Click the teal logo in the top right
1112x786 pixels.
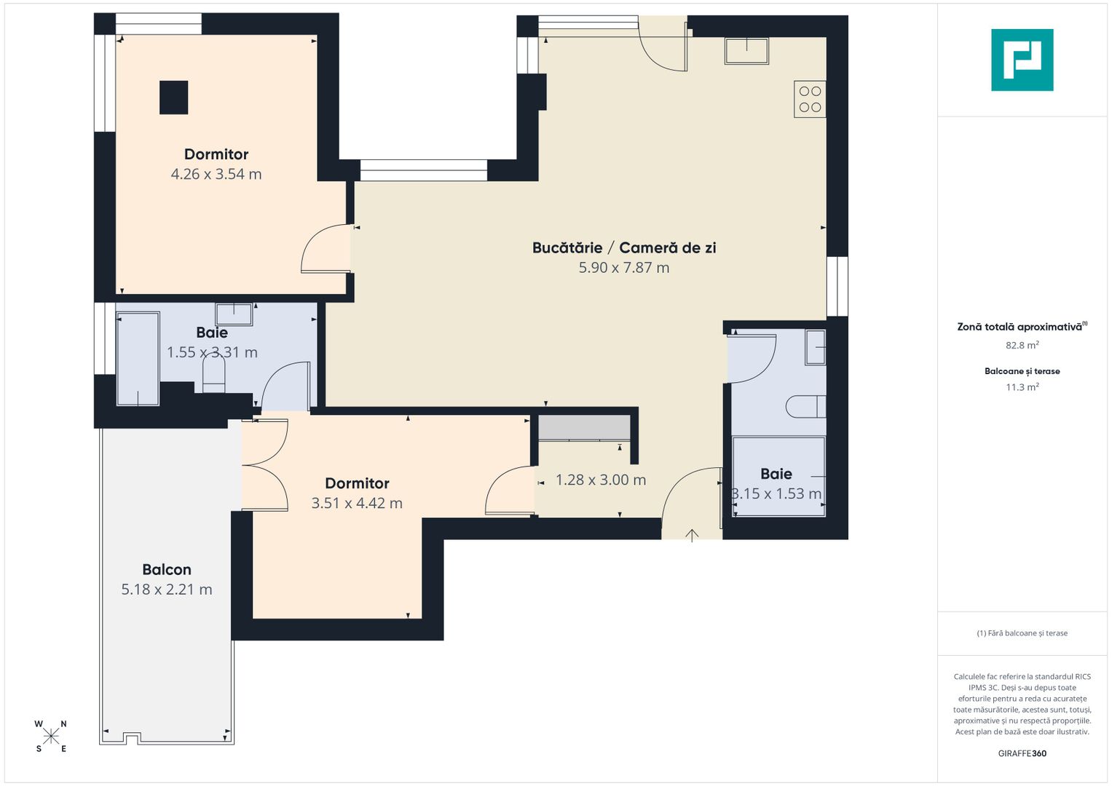1022,60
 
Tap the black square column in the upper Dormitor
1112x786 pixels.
174,98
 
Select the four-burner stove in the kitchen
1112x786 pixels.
810,99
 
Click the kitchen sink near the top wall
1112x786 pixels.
746,51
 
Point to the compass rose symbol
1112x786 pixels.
51,736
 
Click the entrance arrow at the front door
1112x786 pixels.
692,535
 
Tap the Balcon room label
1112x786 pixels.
167,570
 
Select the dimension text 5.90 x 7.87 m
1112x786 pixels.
624,268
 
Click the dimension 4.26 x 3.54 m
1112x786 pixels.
216,174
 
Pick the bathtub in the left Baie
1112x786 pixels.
138,359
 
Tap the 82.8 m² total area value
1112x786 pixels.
1022,346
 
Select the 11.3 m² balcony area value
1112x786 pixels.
1022,387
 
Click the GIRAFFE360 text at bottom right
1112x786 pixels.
1022,753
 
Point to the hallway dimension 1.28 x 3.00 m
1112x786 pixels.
601,480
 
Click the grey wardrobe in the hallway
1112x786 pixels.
584,428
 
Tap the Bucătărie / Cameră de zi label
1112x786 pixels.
624,248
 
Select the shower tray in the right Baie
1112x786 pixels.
778,477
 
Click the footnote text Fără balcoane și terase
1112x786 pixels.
1022,633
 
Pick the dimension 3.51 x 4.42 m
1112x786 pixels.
357,504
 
